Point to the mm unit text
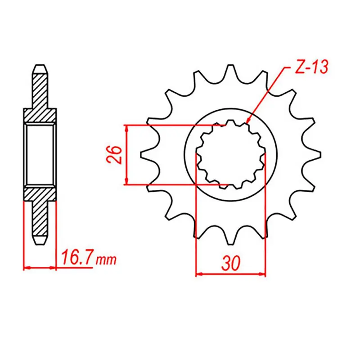(x=106, y=261)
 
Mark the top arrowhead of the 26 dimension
(x=128, y=128)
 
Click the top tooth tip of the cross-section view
(x=40, y=67)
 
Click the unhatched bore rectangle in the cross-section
(x=40, y=155)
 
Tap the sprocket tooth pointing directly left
(x=146, y=155)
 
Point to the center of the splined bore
(x=230, y=155)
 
